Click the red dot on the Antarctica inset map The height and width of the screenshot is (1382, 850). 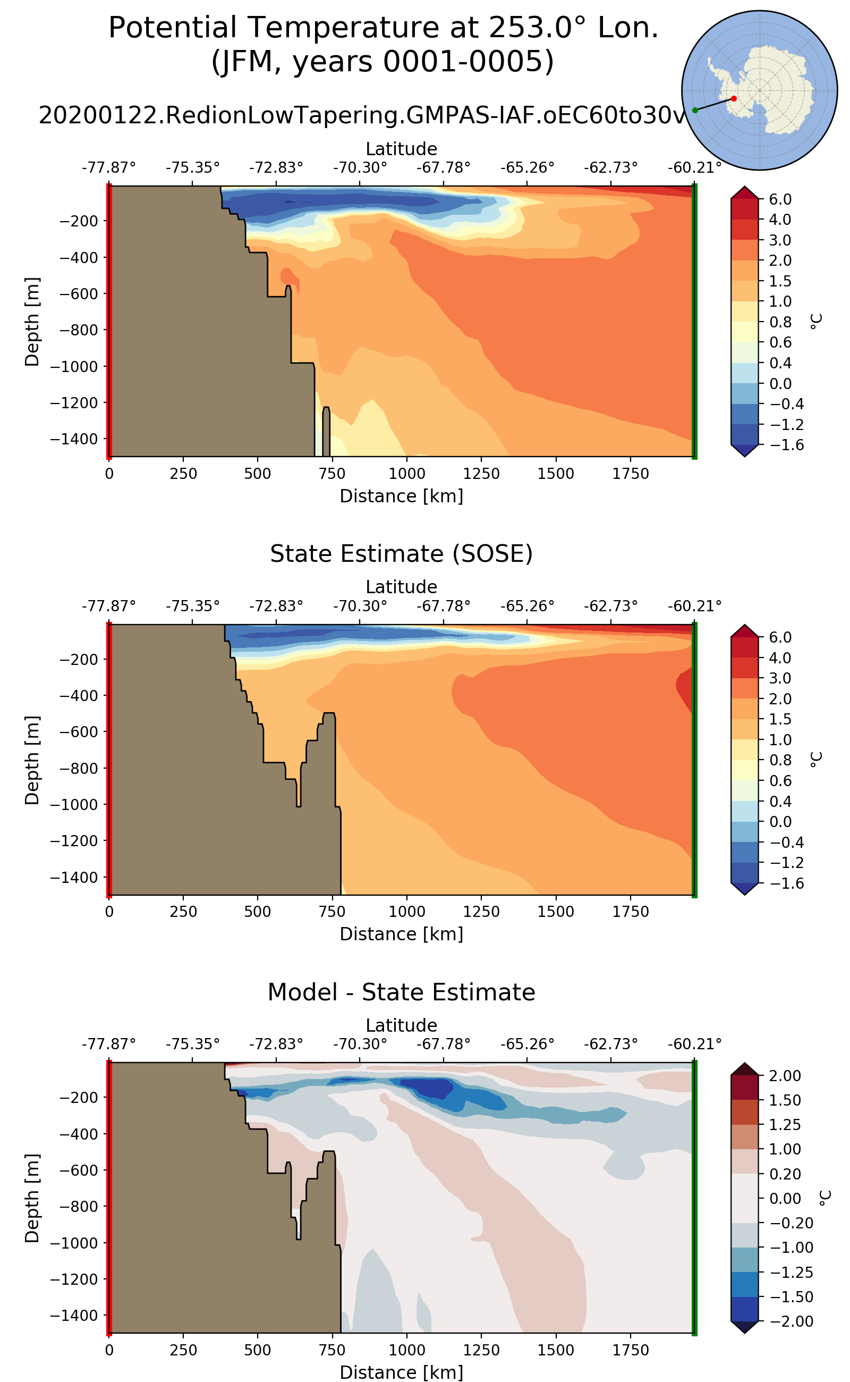734,98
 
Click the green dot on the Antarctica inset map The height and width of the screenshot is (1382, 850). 695,110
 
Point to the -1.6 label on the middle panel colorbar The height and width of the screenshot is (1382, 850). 786,883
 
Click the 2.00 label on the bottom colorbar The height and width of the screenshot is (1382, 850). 785,1076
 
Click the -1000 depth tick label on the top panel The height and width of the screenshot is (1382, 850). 74,367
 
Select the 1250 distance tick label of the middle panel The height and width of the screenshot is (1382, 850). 481,912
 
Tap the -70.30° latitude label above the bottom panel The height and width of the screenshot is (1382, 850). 360,1044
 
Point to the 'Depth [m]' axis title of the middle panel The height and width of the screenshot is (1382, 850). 32,760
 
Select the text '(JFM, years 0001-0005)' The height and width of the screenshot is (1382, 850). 383,61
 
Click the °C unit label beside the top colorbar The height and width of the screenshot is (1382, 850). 817,321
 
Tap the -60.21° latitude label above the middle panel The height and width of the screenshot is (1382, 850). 694,606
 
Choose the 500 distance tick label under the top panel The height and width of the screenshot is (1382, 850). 258,474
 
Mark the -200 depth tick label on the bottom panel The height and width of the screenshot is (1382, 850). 78,1098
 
